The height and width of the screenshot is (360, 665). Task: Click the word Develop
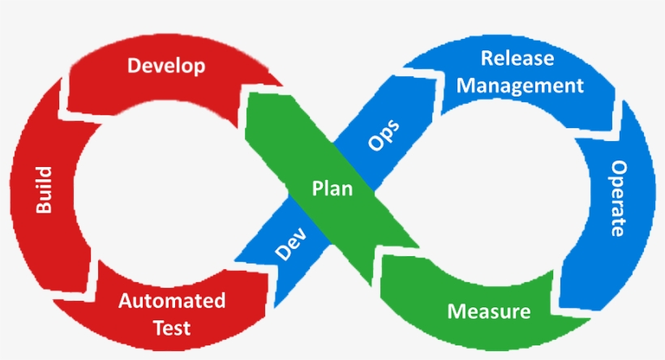coord(166,66)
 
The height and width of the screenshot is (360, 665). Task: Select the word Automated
coord(172,302)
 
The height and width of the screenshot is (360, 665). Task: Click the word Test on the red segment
coord(172,328)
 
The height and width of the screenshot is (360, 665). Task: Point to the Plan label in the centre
coord(332,189)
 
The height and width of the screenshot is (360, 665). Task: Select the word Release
coord(517,58)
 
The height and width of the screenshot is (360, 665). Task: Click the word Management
coord(521,84)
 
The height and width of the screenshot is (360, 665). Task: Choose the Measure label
coord(489,311)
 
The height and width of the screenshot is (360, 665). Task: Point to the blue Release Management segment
coord(454,73)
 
